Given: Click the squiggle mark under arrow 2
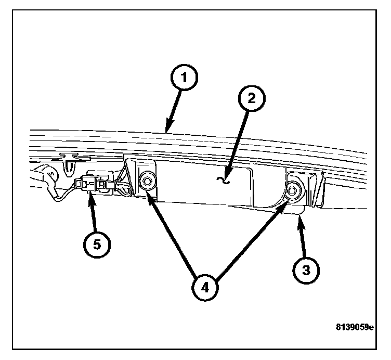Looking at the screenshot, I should [225, 181].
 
